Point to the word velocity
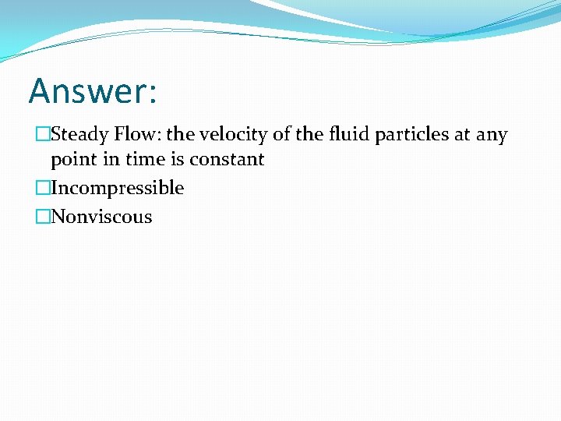pos(231,134)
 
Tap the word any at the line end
pos(492,136)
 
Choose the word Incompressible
pos(117,189)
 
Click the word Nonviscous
pos(101,217)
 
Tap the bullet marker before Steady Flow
pos(42,135)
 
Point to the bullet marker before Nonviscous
pos(42,217)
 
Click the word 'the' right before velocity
pos(180,134)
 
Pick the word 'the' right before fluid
pos(296,134)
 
